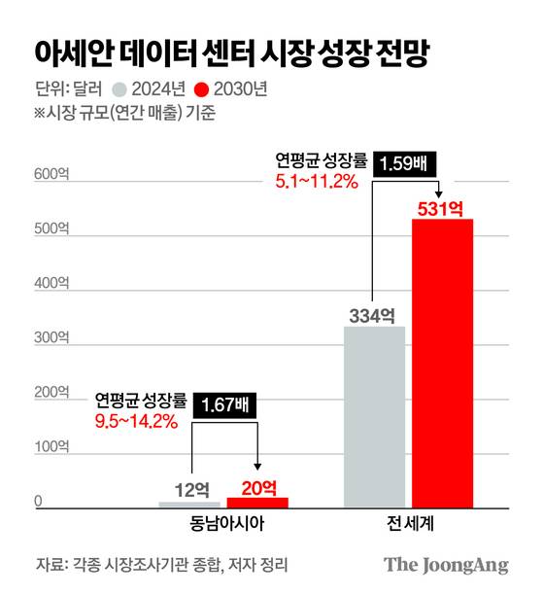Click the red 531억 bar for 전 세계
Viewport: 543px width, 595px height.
(442, 363)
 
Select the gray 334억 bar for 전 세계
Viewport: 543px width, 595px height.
(374, 416)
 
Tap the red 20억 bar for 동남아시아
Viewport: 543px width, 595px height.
(257, 502)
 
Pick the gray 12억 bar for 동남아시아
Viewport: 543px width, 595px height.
(189, 504)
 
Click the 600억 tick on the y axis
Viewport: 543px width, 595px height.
(51, 176)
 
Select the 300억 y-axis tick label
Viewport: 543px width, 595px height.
(51, 337)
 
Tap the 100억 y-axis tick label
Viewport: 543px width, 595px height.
(51, 446)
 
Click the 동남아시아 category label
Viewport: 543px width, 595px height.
(225, 524)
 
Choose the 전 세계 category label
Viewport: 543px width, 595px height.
(408, 524)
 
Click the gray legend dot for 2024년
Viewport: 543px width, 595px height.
(119, 89)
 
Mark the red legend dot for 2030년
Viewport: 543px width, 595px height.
(202, 89)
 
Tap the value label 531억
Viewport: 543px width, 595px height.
(442, 207)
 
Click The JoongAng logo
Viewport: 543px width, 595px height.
(445, 565)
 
